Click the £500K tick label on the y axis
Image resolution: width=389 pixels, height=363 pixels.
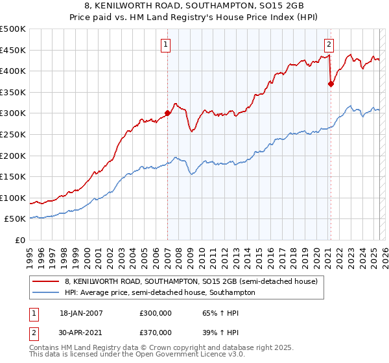[13, 29]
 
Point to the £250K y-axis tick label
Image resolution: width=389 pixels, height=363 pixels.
[13, 134]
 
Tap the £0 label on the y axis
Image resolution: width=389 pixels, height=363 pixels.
[20, 240]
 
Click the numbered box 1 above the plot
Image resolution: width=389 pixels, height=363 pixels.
[167, 45]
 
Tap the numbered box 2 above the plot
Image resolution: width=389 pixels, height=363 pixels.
[329, 45]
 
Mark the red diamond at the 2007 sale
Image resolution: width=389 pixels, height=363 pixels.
[167, 113]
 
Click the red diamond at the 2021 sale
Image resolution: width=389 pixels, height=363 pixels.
[331, 83]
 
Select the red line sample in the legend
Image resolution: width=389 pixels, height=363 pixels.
[45, 281]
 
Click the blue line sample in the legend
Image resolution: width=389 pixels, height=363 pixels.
[45, 292]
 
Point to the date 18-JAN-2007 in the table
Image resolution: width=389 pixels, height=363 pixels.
[80, 312]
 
